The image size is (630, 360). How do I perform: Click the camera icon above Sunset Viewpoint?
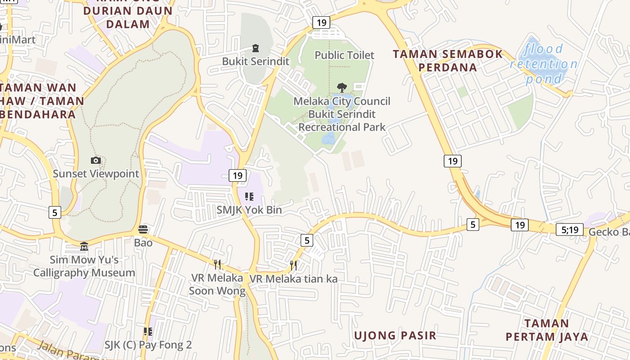[x=95, y=161]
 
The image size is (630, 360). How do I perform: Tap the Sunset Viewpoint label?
[x=96, y=174]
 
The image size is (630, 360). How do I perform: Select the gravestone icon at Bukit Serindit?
[x=255, y=48]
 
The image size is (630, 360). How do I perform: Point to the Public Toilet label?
[x=344, y=55]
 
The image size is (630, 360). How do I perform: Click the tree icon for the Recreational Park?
[x=342, y=87]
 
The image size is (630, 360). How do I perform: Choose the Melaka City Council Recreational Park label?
[x=342, y=114]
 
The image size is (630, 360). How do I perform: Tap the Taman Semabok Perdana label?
[x=448, y=61]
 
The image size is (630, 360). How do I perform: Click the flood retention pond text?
[x=544, y=64]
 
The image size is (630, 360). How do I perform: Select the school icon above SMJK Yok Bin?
[x=249, y=197]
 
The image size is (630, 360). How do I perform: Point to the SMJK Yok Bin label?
[x=249, y=210]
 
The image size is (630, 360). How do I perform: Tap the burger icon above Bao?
[x=143, y=229]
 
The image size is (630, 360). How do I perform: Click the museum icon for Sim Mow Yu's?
[x=84, y=246]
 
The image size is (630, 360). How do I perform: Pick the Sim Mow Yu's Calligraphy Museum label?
[x=84, y=266]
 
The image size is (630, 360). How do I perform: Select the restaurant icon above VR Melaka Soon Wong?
[x=217, y=264]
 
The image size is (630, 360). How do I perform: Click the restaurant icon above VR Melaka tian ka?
[x=293, y=265]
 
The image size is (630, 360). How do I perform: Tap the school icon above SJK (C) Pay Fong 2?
[x=148, y=332]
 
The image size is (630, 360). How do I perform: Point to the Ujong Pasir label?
[x=395, y=335]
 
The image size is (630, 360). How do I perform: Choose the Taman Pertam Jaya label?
[x=547, y=330]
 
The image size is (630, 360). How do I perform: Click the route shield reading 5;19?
[x=569, y=230]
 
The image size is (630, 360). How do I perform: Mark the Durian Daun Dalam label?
[x=128, y=17]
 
